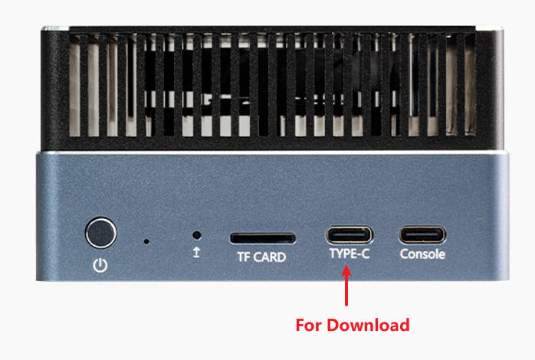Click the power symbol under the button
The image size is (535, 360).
click(x=100, y=266)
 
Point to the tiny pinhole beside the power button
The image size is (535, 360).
click(x=146, y=241)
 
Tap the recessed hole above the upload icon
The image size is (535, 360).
click(x=196, y=236)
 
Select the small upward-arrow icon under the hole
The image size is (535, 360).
click(x=196, y=252)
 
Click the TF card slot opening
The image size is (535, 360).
click(x=262, y=237)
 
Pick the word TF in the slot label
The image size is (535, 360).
click(x=242, y=257)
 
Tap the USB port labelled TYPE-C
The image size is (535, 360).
click(x=350, y=234)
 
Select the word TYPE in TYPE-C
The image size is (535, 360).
click(x=342, y=254)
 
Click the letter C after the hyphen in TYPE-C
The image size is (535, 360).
click(x=366, y=254)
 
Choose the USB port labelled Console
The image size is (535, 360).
click(x=422, y=234)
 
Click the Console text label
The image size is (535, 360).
click(x=422, y=254)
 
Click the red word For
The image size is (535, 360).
click(x=310, y=325)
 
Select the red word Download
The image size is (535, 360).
click(x=369, y=325)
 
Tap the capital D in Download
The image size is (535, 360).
click(x=334, y=325)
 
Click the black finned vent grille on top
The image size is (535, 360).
click(x=267, y=88)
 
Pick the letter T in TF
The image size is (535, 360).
click(x=238, y=257)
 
